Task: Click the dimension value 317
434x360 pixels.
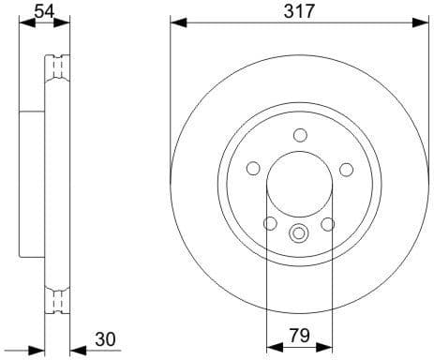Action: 299,11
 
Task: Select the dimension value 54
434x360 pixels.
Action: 43,11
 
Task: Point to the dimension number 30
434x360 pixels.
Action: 105,338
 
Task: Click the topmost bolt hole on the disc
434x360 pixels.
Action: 300,135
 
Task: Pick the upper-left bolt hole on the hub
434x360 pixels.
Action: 253,169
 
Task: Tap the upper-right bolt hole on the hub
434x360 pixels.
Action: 346,169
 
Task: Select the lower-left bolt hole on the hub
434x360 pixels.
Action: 271,224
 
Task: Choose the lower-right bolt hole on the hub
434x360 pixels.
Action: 328,224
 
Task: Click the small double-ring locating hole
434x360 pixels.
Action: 300,234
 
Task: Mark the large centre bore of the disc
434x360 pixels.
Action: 300,185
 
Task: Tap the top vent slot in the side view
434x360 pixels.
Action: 59,68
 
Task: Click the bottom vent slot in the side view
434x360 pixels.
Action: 59,302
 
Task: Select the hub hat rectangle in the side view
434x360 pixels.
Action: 32,185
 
